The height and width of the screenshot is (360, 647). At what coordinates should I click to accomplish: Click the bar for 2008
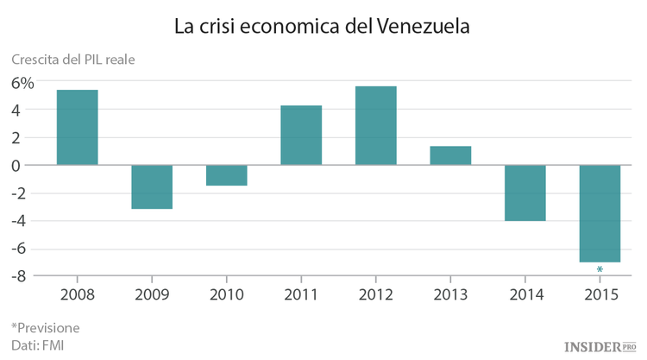click(78, 127)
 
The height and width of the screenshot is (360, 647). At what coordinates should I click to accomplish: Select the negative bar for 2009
click(152, 186)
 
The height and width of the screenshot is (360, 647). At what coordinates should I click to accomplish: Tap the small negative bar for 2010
click(226, 175)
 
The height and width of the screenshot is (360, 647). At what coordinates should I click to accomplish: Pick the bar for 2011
click(301, 135)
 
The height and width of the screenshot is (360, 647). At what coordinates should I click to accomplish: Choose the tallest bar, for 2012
click(375, 125)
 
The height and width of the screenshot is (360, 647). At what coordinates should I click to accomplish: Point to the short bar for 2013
click(450, 155)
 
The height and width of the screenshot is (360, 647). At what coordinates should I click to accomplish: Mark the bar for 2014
click(525, 193)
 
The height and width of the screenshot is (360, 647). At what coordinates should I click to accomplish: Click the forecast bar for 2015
click(600, 213)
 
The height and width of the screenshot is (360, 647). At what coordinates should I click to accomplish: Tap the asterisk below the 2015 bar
click(600, 270)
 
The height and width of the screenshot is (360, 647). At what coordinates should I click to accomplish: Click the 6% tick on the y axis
click(23, 83)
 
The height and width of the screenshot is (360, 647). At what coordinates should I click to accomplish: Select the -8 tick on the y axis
click(23, 276)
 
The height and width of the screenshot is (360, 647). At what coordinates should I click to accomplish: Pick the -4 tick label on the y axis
click(23, 221)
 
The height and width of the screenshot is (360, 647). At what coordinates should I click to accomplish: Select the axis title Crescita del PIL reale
click(72, 60)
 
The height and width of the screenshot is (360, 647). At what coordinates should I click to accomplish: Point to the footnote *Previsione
click(45, 327)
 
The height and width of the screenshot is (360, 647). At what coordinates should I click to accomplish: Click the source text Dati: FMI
click(37, 345)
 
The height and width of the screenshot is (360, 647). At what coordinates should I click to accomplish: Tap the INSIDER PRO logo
click(600, 346)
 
